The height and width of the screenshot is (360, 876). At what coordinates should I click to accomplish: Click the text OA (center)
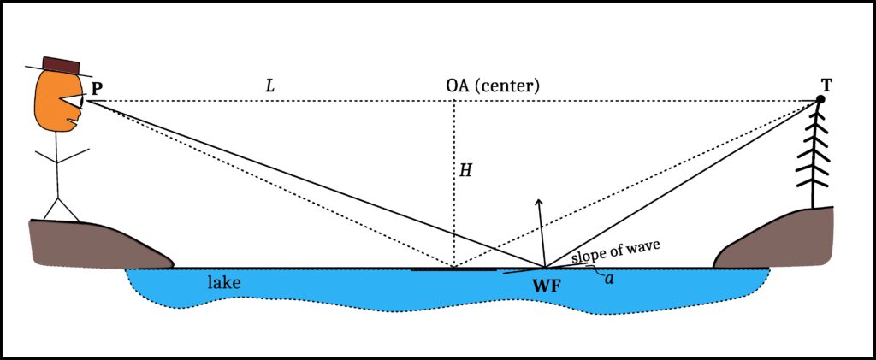[492, 86]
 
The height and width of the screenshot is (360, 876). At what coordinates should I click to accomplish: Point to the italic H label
[466, 171]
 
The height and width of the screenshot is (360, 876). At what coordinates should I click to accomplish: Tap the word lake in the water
[224, 283]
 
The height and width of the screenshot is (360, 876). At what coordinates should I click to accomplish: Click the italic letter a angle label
[609, 279]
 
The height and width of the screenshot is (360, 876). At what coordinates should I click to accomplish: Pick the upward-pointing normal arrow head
[539, 202]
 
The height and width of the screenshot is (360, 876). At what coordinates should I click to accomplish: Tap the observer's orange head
[55, 104]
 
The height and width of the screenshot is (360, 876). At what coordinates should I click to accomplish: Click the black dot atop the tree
[820, 99]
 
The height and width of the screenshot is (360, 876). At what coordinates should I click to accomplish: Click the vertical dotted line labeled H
[454, 184]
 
